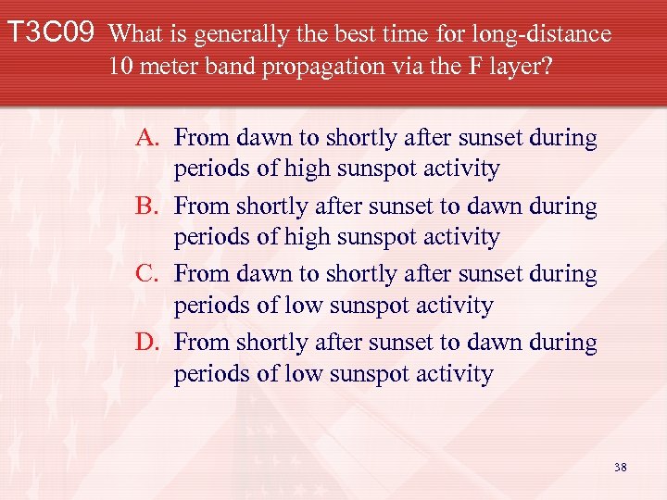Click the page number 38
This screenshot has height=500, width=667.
[x=620, y=468]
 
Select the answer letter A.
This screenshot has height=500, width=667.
[x=148, y=139]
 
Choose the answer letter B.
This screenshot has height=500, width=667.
[x=148, y=206]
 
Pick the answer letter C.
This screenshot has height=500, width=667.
[x=148, y=275]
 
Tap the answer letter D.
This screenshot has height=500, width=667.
[x=148, y=343]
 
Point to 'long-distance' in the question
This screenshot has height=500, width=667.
[x=543, y=35]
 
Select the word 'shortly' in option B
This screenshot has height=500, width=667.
[x=272, y=206]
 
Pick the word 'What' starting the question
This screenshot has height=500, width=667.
[x=137, y=35]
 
